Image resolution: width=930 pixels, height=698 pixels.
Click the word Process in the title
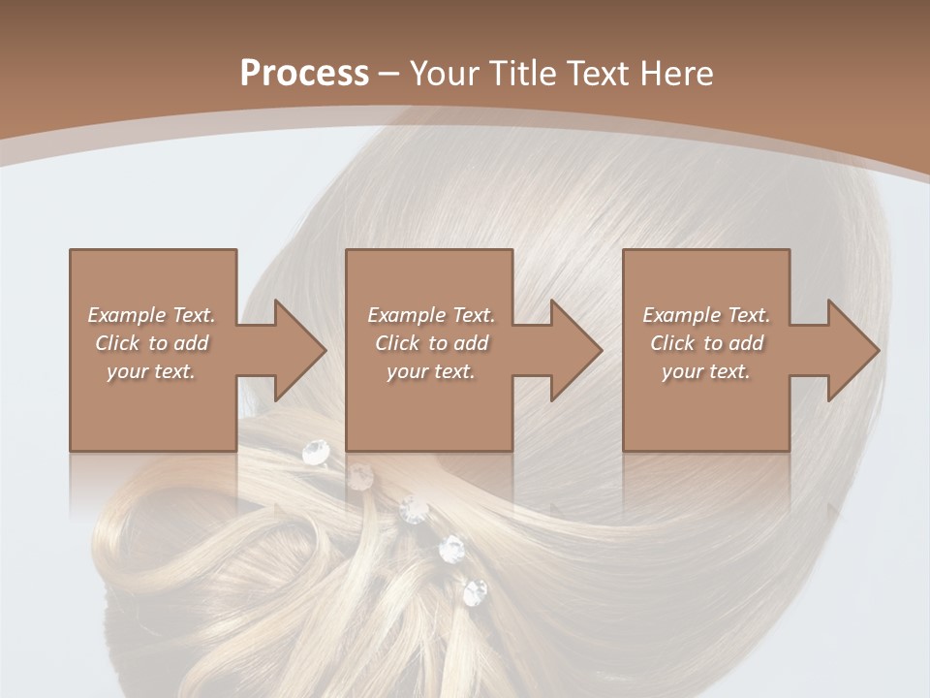[304, 74]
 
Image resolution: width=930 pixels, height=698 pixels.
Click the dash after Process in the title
[389, 75]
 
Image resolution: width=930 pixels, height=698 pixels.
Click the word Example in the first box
[127, 315]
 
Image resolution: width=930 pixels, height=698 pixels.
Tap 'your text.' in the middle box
[430, 371]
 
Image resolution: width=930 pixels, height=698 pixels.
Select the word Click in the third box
[672, 343]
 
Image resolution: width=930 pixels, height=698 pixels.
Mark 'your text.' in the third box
[705, 371]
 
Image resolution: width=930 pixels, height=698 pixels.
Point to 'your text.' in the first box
[150, 371]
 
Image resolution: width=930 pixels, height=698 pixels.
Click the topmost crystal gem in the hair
[316, 451]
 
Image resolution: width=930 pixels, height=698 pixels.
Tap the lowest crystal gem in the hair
[475, 591]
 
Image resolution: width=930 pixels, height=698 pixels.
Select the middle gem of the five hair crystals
[414, 510]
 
